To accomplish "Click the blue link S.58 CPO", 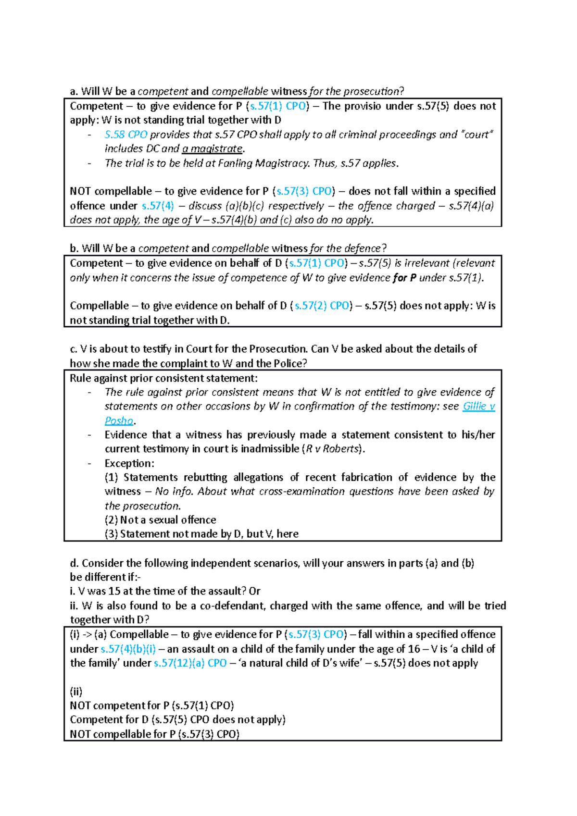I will click(125, 135).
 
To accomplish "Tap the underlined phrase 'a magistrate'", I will click(213, 149).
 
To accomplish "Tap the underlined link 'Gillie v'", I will click(478, 406).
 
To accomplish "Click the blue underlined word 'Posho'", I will click(119, 420).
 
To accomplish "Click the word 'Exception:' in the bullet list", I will click(129, 463).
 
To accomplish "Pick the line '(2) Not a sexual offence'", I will click(160, 520).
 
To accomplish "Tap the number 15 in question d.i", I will click(114, 591).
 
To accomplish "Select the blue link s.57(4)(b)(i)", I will click(128, 649).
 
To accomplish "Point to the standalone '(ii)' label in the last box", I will click(76, 692).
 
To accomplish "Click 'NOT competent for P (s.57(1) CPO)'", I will click(151, 705).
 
